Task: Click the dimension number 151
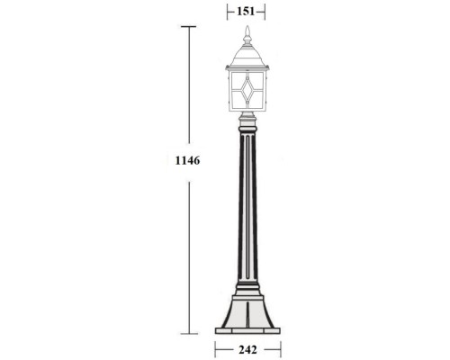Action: [x=245, y=12]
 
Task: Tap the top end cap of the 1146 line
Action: [x=188, y=27]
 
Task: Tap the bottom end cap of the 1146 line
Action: [x=188, y=332]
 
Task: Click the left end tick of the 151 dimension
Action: [x=224, y=12]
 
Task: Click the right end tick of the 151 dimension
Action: [x=266, y=12]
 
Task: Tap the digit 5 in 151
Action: [x=245, y=12]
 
